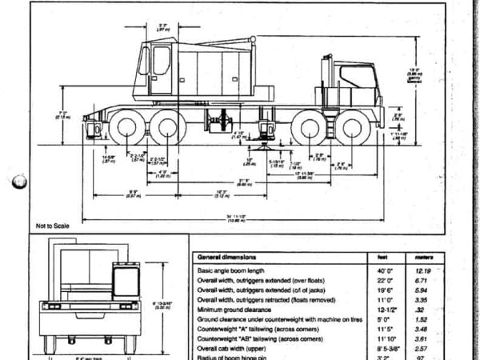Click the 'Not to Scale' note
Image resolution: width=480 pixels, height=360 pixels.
tap(53, 226)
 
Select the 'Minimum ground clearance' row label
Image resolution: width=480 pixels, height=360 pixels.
tap(238, 307)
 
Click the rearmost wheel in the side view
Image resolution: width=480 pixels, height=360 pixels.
tap(125, 129)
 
